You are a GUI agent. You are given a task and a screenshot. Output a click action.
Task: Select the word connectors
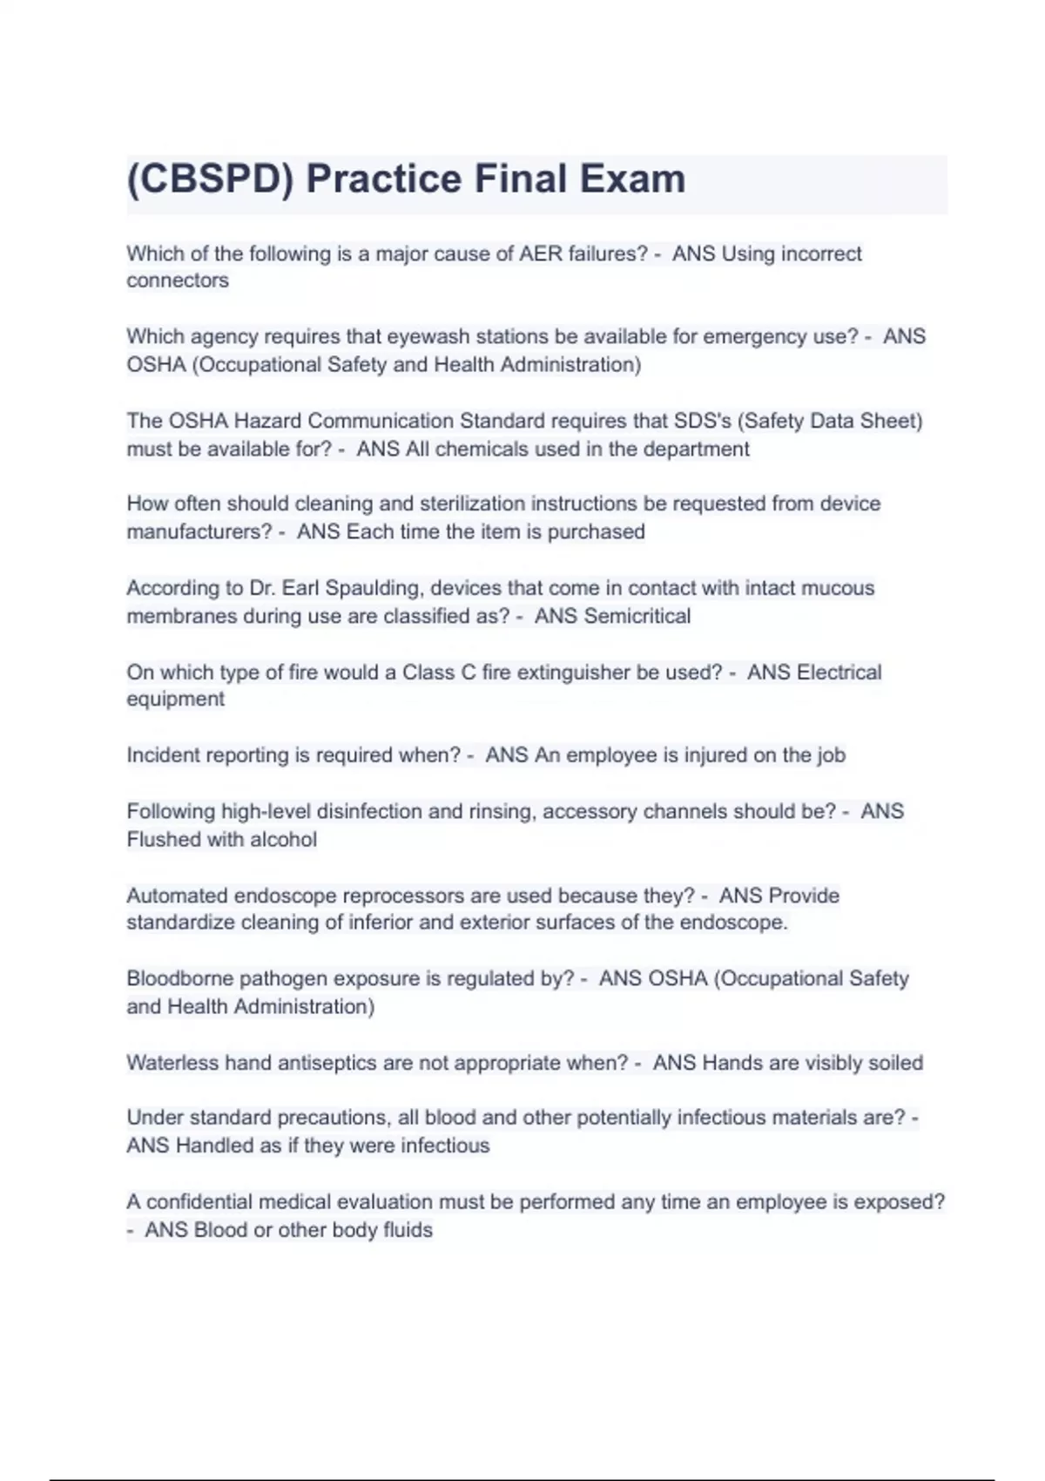(x=178, y=281)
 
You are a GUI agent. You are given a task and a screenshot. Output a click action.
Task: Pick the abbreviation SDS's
(x=703, y=421)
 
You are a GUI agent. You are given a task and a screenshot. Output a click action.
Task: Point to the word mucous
(x=837, y=588)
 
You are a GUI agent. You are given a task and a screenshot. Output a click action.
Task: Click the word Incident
(x=163, y=755)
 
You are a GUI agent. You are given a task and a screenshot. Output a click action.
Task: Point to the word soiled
(x=895, y=1063)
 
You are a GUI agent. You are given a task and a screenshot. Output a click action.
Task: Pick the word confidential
(x=199, y=1202)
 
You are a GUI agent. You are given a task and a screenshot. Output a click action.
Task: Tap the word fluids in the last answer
(x=408, y=1230)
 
